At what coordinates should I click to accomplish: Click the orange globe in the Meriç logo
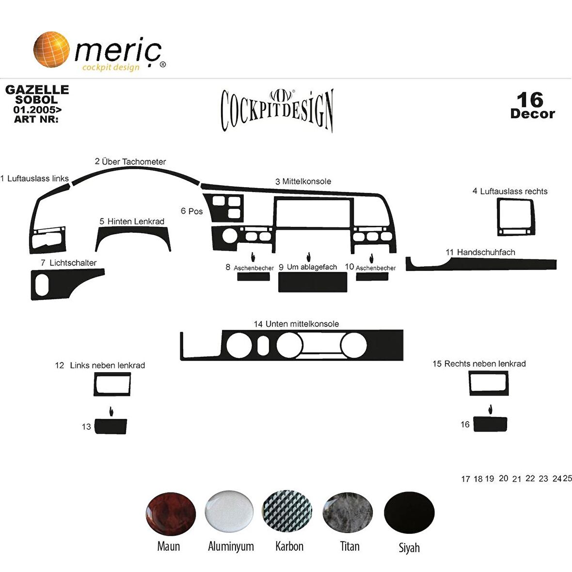pyautogui.click(x=51, y=49)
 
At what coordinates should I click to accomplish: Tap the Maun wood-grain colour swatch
pyautogui.click(x=171, y=513)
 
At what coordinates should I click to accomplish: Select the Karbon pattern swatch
pyautogui.click(x=287, y=512)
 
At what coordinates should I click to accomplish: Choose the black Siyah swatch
pyautogui.click(x=409, y=513)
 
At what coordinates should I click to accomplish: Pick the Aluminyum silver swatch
pyautogui.click(x=229, y=511)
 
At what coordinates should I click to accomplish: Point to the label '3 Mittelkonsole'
pyautogui.click(x=303, y=181)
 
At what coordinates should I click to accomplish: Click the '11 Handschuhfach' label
pyautogui.click(x=480, y=252)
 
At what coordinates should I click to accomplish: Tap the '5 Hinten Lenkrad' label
pyautogui.click(x=132, y=222)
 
